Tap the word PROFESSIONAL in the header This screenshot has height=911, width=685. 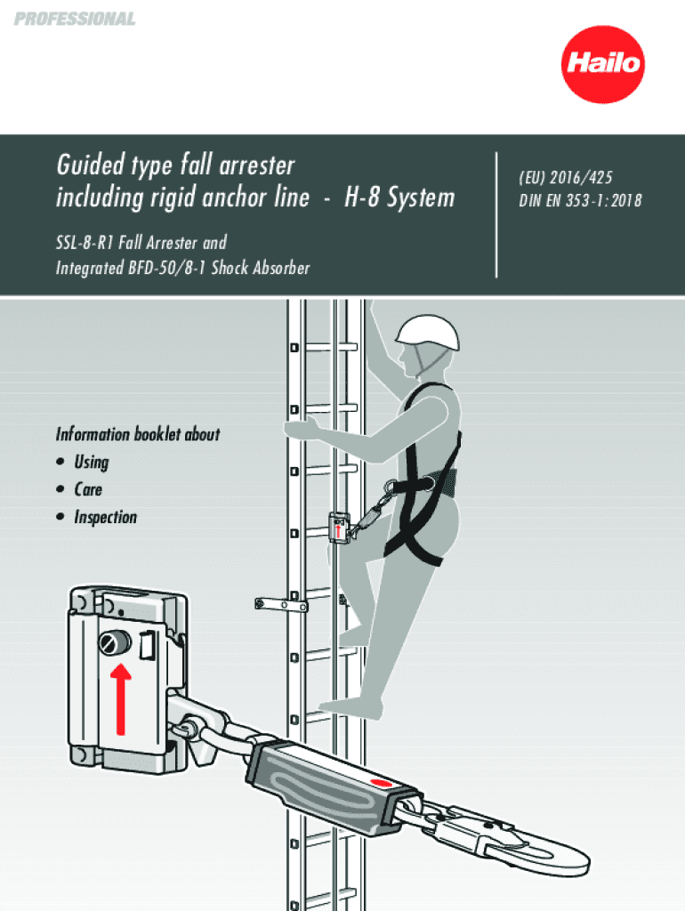pyautogui.click(x=75, y=19)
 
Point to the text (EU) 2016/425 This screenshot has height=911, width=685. pyautogui.click(x=565, y=179)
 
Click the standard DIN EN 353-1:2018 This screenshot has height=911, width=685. pyautogui.click(x=580, y=200)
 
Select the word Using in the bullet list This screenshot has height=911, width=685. pyautogui.click(x=92, y=462)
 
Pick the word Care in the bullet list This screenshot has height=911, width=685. pyautogui.click(x=88, y=489)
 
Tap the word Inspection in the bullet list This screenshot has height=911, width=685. pyautogui.click(x=106, y=517)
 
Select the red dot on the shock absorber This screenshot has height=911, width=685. pyautogui.click(x=380, y=781)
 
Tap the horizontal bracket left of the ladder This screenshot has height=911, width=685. pyautogui.click(x=281, y=604)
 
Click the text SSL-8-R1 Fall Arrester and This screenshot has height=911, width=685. pyautogui.click(x=141, y=242)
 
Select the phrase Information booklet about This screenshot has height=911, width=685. pyautogui.click(x=137, y=434)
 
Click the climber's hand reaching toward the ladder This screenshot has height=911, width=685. pyautogui.click(x=303, y=429)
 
